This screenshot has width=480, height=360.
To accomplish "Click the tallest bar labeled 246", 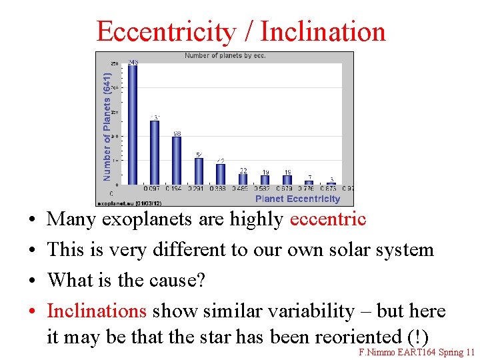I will (132, 124).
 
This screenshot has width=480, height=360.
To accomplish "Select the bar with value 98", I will (177, 161).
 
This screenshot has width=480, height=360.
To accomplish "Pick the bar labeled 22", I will (243, 179).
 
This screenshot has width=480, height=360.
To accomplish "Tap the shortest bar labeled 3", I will (331, 183).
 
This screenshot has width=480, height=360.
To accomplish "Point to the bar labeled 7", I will (309, 182).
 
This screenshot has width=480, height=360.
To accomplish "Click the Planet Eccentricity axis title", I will (297, 199).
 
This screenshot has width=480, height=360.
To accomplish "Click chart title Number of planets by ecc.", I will (225, 56).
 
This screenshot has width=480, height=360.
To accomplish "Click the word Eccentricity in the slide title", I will (166, 31).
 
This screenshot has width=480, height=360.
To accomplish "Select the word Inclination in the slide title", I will (323, 31).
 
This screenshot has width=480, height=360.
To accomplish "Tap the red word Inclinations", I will (97, 311).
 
